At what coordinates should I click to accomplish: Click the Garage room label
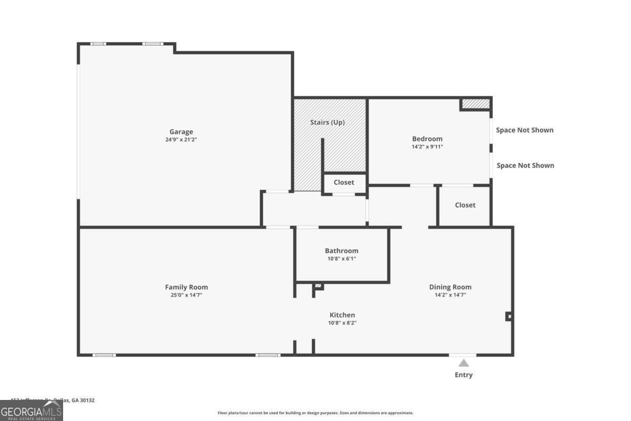tap(181, 132)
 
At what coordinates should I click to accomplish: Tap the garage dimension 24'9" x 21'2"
tap(181, 139)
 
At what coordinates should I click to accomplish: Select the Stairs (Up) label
tap(327, 122)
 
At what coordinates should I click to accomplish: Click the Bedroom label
tap(427, 139)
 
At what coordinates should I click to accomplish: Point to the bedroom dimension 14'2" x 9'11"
tap(427, 147)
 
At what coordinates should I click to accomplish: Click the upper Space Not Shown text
tap(525, 130)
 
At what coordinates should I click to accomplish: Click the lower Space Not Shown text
tap(525, 165)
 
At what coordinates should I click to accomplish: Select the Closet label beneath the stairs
tap(344, 182)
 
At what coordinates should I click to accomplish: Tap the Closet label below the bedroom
tap(465, 205)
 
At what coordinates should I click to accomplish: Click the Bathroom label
tap(341, 251)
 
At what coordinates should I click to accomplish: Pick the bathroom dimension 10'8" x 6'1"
tap(341, 258)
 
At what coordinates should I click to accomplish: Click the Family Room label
tap(186, 287)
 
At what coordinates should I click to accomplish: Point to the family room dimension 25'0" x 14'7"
tap(186, 295)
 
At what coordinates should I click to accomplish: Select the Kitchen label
tap(342, 315)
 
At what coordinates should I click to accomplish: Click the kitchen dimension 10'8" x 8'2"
tap(342, 323)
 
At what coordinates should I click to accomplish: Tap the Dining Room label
tap(450, 287)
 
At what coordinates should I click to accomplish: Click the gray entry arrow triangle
tap(463, 363)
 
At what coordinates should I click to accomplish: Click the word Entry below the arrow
tap(463, 375)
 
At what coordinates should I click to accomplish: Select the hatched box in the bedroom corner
tap(475, 104)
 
